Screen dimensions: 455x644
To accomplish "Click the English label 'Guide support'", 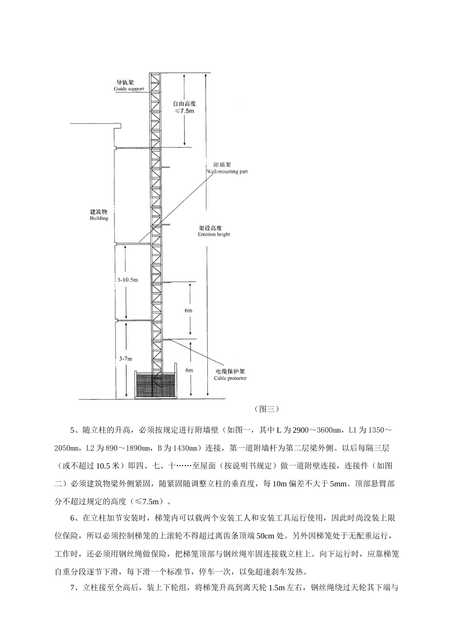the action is tap(128, 89).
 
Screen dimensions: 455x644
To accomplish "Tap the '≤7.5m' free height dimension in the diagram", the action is tap(184, 111).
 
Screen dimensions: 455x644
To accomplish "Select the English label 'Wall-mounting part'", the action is tap(227, 172).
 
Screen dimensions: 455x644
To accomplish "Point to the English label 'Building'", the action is tap(99, 218).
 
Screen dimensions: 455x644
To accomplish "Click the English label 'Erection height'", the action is tap(214, 235).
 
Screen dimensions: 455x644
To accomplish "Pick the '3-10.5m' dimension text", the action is tap(127, 280).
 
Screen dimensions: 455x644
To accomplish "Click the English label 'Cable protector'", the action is tap(230, 378).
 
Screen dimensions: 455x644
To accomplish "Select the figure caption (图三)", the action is tap(265, 409).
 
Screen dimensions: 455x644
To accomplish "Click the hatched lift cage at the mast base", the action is tap(156, 385).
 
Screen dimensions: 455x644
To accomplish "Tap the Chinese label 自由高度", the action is tap(184, 103).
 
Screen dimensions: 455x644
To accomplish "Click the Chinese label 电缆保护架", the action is tap(230, 371).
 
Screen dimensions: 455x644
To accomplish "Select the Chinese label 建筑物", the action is tap(99, 211).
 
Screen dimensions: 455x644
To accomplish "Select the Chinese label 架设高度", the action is tap(214, 228).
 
